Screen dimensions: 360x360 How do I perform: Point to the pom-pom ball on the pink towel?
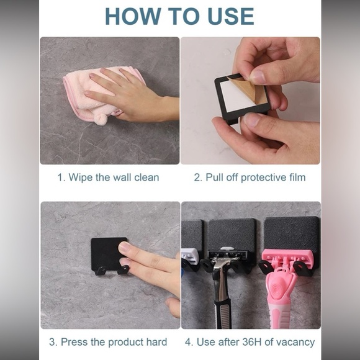pyautogui.click(x=101, y=119)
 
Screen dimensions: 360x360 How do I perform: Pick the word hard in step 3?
pyautogui.click(x=157, y=342)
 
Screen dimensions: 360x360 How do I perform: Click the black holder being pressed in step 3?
pyautogui.click(x=109, y=255)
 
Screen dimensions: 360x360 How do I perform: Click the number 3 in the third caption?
pyautogui.click(x=52, y=342)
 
